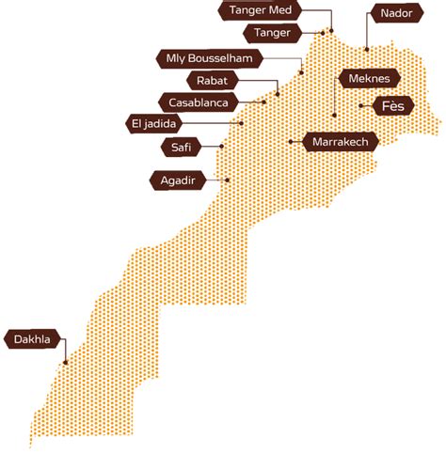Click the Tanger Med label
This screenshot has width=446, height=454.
(x=261, y=11)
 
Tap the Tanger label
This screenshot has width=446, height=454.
(x=273, y=34)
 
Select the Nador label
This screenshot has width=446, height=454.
(x=390, y=13)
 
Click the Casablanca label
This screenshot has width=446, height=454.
(x=199, y=102)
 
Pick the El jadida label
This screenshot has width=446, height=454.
(x=155, y=123)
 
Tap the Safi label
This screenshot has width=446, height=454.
(x=180, y=147)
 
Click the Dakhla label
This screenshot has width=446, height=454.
(x=32, y=339)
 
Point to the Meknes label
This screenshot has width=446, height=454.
(x=369, y=80)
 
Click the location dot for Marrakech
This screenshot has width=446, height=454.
(x=292, y=142)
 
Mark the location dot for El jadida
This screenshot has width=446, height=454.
(x=242, y=122)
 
